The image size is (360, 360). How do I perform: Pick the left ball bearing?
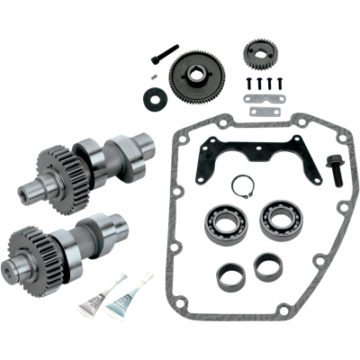coord(216,223)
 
